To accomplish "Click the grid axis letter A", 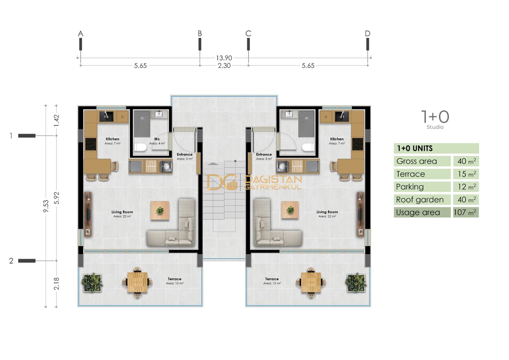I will coord(81,33).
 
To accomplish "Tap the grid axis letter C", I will coord(248,33).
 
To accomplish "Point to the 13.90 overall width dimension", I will coord(224,58).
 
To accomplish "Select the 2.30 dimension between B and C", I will coord(224,66).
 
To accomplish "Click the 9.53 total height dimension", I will coord(46,206).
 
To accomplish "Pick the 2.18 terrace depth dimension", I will coord(57,283).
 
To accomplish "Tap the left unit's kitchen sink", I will coord(106,116).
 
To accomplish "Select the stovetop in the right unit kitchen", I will coord(358,144).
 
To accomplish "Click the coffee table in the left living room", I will coord(160,210).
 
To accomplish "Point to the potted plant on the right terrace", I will coord(356,283).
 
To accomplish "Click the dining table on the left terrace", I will coord(137,282).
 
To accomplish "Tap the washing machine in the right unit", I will coord(283,166).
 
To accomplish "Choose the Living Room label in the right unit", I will coord(327,212).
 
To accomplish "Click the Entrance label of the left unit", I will coord(185,154).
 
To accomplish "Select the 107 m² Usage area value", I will coord(466,212).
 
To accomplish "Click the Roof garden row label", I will coord(420,200).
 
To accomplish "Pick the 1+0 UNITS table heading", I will coord(415,148).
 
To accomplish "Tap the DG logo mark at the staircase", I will coord(222,182).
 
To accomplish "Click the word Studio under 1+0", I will coord(435,127).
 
